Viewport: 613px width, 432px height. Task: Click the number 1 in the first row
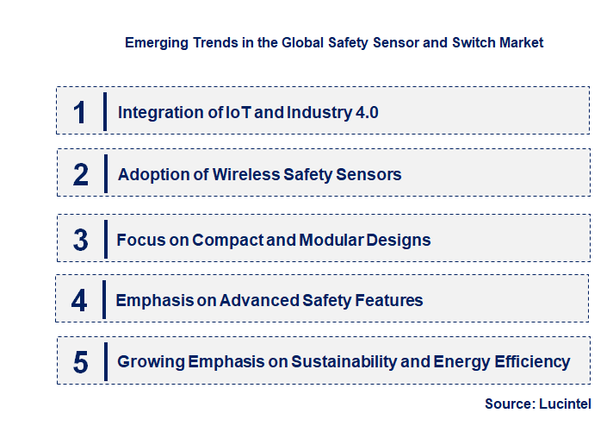click(x=80, y=112)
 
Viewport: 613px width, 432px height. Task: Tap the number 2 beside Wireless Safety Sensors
click(x=81, y=175)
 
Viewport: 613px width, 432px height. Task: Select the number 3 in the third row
click(x=81, y=240)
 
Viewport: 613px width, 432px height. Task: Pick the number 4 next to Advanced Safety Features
click(x=80, y=301)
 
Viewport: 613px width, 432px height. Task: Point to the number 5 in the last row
click(x=81, y=362)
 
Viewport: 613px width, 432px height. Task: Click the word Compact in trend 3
click(x=226, y=239)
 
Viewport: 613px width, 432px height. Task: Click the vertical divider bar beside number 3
click(x=104, y=238)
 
